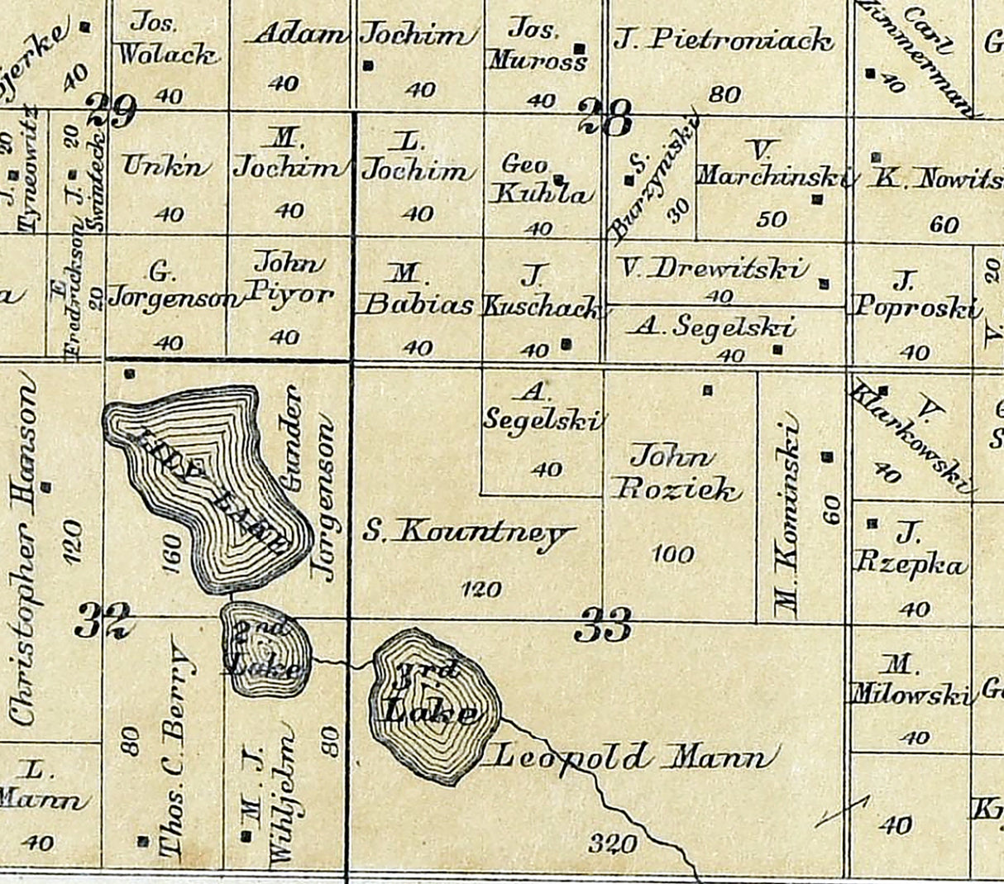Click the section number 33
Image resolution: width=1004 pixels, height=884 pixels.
[x=604, y=624]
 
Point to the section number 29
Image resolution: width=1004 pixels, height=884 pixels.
[x=111, y=112]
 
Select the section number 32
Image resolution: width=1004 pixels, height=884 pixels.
[x=103, y=619]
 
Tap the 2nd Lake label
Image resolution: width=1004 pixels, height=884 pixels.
[x=263, y=649]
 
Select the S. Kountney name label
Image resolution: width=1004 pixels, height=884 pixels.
[x=467, y=533]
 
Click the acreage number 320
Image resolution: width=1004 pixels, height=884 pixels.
[x=614, y=843]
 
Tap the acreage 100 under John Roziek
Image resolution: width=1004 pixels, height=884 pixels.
[x=673, y=553]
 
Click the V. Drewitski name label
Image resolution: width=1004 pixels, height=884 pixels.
[x=714, y=268]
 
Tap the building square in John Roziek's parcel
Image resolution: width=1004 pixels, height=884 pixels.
[x=707, y=389]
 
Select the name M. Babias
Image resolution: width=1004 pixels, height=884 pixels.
[x=418, y=291]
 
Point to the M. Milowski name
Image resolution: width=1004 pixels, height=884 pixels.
[x=909, y=681]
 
